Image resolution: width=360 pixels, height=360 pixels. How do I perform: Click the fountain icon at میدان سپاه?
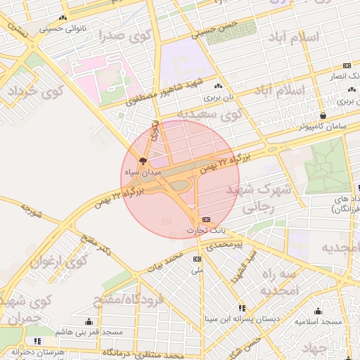tap(144, 162)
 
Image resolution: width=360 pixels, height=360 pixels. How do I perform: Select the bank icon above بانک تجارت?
tap(206, 220)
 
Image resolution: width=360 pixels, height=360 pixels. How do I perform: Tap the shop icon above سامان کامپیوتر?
tap(323, 116)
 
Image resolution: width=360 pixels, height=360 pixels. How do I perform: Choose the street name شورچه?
tap(33, 209)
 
